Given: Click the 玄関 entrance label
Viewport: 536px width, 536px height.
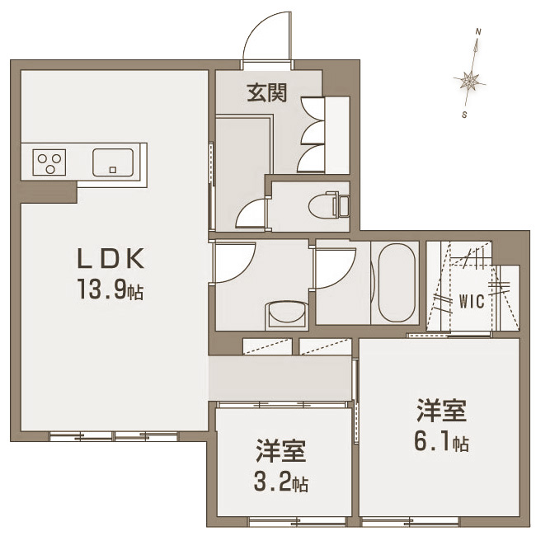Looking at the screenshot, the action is click(x=266, y=92).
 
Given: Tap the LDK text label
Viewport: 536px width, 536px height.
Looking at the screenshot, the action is click(x=111, y=258).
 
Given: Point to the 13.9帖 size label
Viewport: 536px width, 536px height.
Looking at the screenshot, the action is click(x=110, y=289).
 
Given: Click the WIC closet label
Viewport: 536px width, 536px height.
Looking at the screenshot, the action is click(x=472, y=301).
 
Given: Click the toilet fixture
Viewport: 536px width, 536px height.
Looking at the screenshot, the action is click(x=328, y=205).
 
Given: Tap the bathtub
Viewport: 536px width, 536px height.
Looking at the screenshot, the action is click(x=397, y=283).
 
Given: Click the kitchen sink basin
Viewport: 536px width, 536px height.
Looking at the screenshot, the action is click(x=113, y=162).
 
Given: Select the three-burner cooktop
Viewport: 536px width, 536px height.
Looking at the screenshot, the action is click(x=49, y=162).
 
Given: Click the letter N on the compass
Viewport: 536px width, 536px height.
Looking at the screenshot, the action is click(x=478, y=32).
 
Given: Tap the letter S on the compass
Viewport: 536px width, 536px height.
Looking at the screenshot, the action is click(x=464, y=115).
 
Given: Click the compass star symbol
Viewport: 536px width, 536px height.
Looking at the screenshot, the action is click(x=470, y=82).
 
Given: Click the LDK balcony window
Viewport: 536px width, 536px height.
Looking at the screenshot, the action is click(x=114, y=436).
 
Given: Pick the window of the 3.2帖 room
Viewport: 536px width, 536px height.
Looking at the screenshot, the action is click(x=298, y=522).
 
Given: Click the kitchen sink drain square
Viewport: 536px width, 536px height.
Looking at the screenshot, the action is click(x=113, y=170).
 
